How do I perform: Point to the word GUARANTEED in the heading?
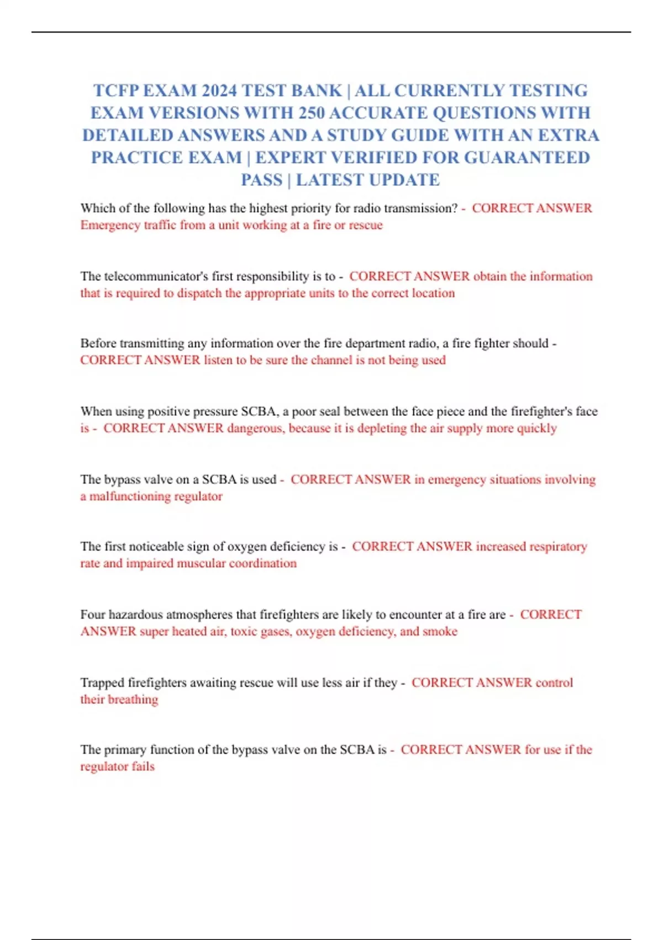527,158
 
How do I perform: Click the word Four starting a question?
92,615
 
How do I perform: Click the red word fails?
143,767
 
